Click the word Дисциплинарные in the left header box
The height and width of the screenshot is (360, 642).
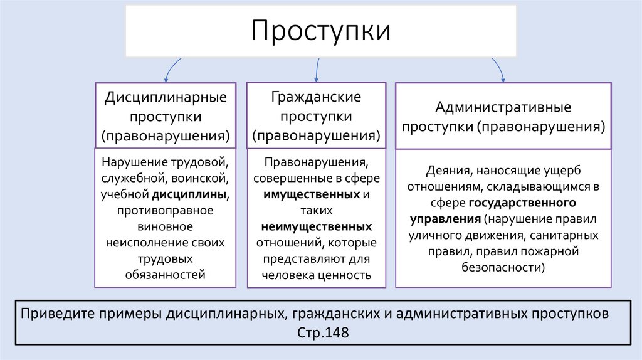(x=166, y=98)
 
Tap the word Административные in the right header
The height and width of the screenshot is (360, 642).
(x=503, y=107)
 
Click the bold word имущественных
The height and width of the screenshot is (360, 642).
(x=311, y=194)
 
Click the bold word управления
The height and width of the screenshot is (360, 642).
(x=446, y=220)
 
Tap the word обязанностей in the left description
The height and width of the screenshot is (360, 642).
(x=166, y=275)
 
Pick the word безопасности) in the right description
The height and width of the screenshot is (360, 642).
(x=503, y=267)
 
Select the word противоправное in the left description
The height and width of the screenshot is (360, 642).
(x=166, y=209)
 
